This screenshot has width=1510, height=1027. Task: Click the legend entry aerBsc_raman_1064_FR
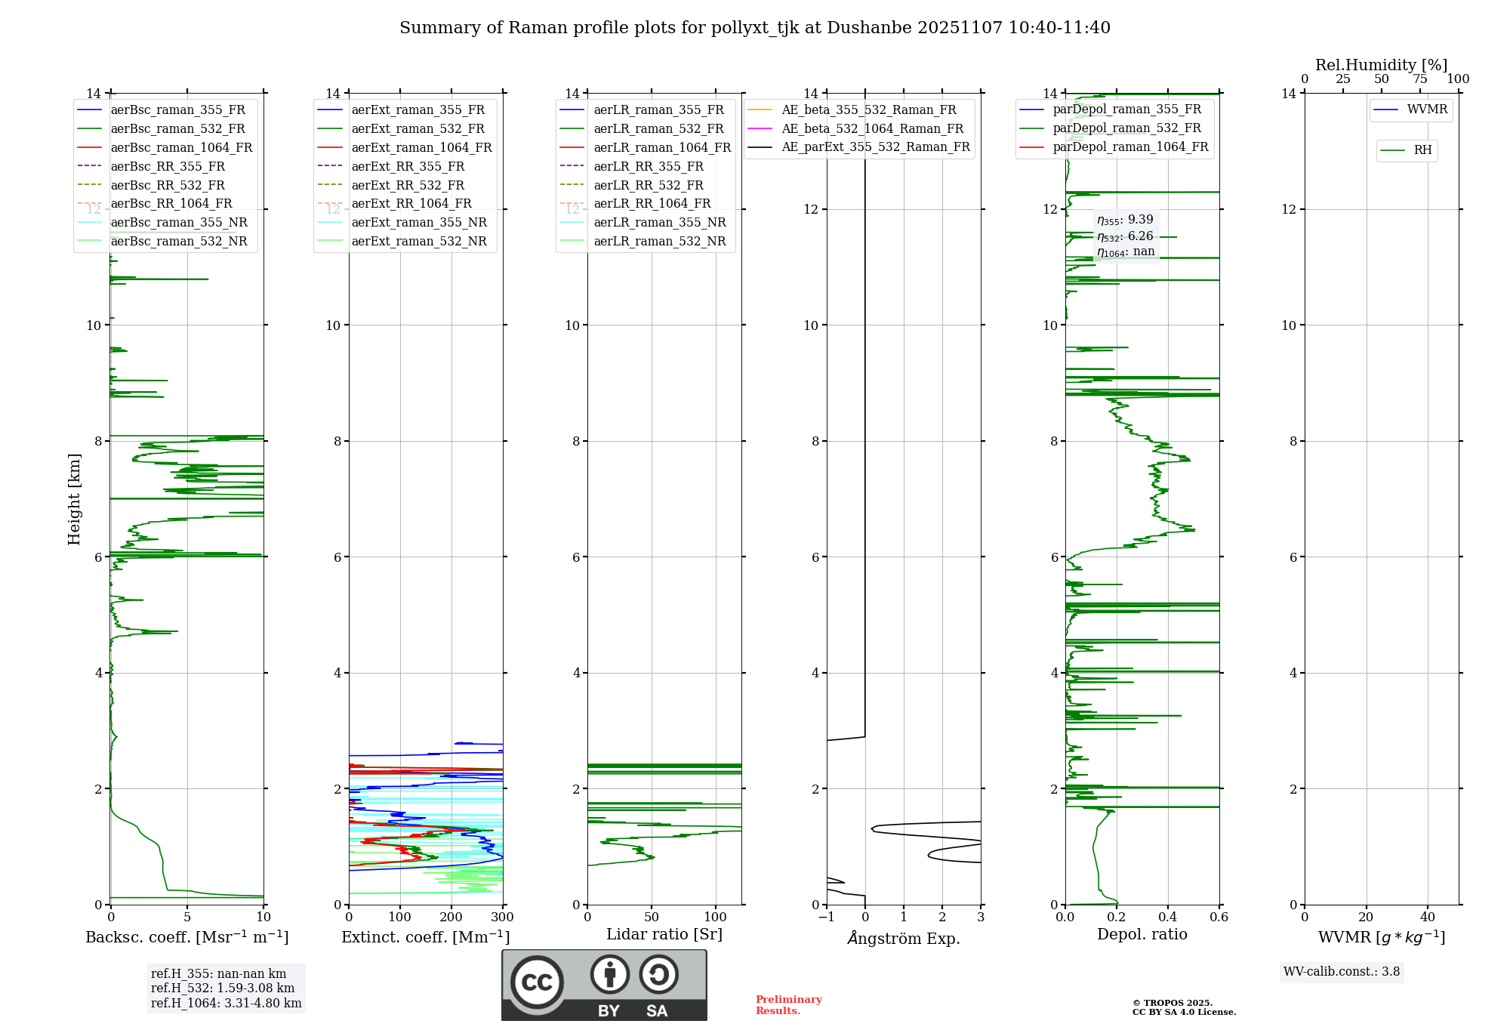coord(181,148)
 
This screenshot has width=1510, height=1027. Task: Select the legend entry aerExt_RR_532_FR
coord(408,185)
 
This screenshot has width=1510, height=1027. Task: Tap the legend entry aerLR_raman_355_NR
coord(659,222)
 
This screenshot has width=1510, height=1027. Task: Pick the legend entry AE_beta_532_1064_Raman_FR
coord(872,128)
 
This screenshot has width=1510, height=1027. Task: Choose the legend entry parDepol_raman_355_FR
coord(1126,109)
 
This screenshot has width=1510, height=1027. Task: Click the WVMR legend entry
coord(1427,109)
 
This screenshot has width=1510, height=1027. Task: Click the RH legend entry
coord(1422,150)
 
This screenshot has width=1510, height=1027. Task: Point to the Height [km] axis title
coord(74,498)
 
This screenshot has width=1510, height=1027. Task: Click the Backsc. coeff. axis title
coord(186,937)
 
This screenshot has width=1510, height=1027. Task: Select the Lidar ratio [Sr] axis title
coord(664,934)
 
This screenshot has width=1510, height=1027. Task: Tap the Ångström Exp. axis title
coord(904,938)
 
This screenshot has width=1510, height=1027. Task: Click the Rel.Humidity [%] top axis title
coord(1381,65)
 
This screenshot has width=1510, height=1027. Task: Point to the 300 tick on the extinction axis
coord(502,918)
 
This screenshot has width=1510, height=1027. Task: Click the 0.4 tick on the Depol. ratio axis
coord(1168,918)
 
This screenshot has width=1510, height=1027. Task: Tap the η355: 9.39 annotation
coord(1125,220)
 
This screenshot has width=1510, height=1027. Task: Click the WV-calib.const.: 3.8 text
coord(1342,972)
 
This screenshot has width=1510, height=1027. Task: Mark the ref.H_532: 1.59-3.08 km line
coord(223,988)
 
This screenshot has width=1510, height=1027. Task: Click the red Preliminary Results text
coord(788,1005)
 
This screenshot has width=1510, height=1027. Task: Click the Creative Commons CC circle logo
coord(537,982)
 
